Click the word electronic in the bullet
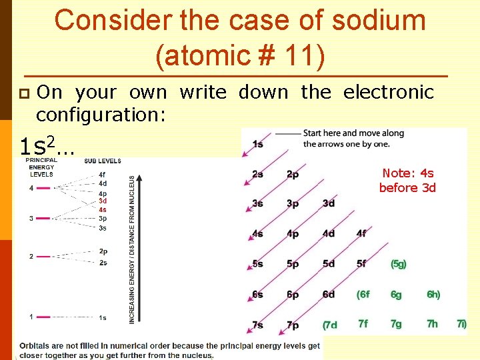[x=389, y=92]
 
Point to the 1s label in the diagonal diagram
[x=257, y=144]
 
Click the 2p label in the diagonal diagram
[x=293, y=175]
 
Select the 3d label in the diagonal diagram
[x=329, y=203]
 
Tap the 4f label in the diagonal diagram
[x=361, y=233]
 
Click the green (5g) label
[x=399, y=264]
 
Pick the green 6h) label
[x=433, y=294]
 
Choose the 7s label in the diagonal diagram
[x=257, y=325]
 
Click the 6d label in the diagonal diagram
[x=329, y=294]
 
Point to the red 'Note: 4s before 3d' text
[x=407, y=181]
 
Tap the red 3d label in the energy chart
[x=103, y=201]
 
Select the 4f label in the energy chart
[x=103, y=175]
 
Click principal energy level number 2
[x=31, y=256]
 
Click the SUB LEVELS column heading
[x=103, y=161]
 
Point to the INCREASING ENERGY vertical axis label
[x=132, y=250]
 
